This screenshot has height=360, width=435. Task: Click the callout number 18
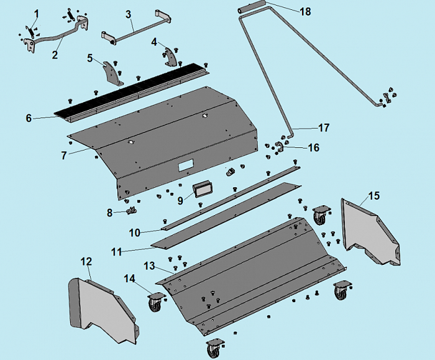coord(305,11)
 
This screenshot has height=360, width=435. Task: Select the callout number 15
coord(374,196)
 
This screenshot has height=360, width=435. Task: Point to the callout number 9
coord(180,200)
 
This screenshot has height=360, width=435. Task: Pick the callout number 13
coord(149,265)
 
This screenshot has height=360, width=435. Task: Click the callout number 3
coord(128,14)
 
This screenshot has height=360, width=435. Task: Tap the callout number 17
coord(324,128)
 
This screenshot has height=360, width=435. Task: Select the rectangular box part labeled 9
coord(202,190)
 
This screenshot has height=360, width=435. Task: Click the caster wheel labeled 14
coord(155,304)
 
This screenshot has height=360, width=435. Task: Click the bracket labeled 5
coord(113,73)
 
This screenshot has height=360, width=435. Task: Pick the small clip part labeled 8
coord(130,211)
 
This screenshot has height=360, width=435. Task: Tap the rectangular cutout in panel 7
coord(185,166)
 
